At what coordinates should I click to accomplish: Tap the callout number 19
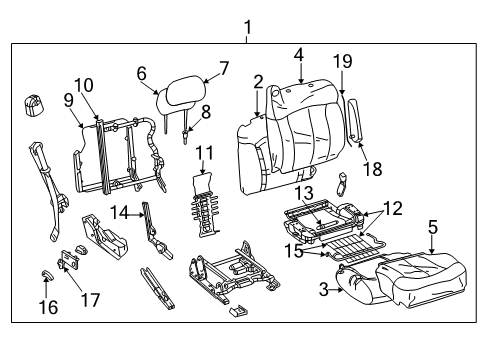click(342, 61)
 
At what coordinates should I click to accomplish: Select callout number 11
click(204, 153)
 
